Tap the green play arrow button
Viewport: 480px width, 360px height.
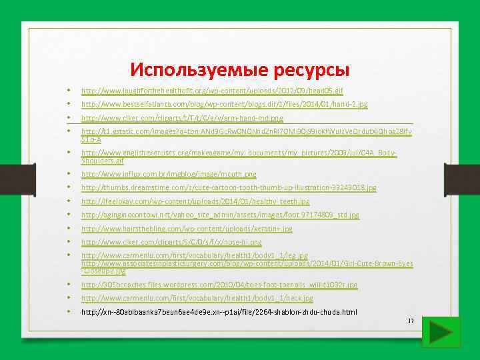437,331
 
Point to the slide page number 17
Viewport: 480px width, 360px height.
411,321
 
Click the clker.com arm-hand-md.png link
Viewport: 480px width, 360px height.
182,119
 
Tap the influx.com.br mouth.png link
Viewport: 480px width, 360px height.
169,175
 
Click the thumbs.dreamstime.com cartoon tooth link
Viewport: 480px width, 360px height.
229,188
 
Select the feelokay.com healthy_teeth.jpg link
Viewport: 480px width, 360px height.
195,201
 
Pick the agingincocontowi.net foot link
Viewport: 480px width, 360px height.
220,215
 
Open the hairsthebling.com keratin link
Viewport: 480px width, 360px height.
187,229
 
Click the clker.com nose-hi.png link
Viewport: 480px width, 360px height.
171,242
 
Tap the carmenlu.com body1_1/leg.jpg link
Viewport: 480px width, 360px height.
195,255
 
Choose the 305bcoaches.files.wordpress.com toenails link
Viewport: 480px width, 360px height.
219,285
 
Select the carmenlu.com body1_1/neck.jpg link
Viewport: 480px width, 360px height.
197,298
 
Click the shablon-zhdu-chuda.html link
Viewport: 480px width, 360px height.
219,311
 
